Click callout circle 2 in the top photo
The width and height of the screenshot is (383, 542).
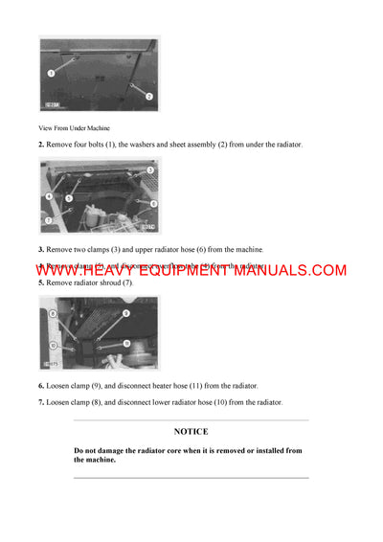click(148, 96)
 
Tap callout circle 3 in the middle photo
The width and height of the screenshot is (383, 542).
click(149, 170)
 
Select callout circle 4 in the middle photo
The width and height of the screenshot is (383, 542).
click(48, 196)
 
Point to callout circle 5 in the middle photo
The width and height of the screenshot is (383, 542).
click(70, 198)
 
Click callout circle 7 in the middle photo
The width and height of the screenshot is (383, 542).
click(48, 220)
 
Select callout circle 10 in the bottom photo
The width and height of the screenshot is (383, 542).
click(53, 346)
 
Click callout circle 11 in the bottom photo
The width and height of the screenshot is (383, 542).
click(126, 342)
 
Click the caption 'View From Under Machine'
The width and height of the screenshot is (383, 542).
click(74, 127)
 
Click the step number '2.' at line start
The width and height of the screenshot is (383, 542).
click(41, 144)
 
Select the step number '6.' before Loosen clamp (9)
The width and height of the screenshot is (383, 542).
click(41, 385)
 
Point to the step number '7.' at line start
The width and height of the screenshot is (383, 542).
click(41, 402)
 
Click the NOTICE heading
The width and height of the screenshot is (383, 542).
click(191, 432)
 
